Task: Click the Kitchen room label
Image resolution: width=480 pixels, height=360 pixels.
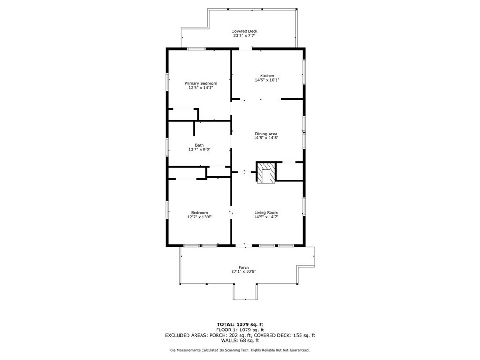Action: pos(267,76)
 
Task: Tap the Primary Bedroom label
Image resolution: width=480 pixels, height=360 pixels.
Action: pos(200,83)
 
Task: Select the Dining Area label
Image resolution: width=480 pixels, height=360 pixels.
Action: pos(266,134)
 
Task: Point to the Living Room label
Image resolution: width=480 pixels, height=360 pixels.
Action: pos(266,213)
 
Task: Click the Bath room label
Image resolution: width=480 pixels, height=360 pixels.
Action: pos(199,145)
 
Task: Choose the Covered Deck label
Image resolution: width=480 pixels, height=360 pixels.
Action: pos(244,31)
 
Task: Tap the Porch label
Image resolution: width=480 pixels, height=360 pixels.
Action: pos(243,268)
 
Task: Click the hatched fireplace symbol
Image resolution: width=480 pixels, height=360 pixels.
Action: pos(266,173)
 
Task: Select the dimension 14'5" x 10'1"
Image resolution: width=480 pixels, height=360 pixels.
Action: pos(267,80)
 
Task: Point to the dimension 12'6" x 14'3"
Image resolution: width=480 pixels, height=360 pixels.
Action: pos(200,88)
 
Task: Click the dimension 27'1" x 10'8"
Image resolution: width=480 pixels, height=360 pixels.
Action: pos(243,272)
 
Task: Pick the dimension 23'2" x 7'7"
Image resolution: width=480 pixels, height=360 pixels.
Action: pos(244,36)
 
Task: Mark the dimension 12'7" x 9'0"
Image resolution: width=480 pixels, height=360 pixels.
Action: pos(199,150)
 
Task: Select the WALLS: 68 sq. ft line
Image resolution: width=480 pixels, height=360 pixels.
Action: pos(240,340)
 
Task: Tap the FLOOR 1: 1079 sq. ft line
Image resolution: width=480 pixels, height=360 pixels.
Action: pos(240,330)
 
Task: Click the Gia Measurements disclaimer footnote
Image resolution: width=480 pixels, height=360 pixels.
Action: pos(240,350)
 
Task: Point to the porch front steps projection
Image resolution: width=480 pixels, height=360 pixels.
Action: pos(246,292)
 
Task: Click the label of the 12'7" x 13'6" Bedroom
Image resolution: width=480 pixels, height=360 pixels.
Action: pos(199,213)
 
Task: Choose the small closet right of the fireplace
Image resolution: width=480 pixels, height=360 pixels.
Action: pos(289,171)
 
